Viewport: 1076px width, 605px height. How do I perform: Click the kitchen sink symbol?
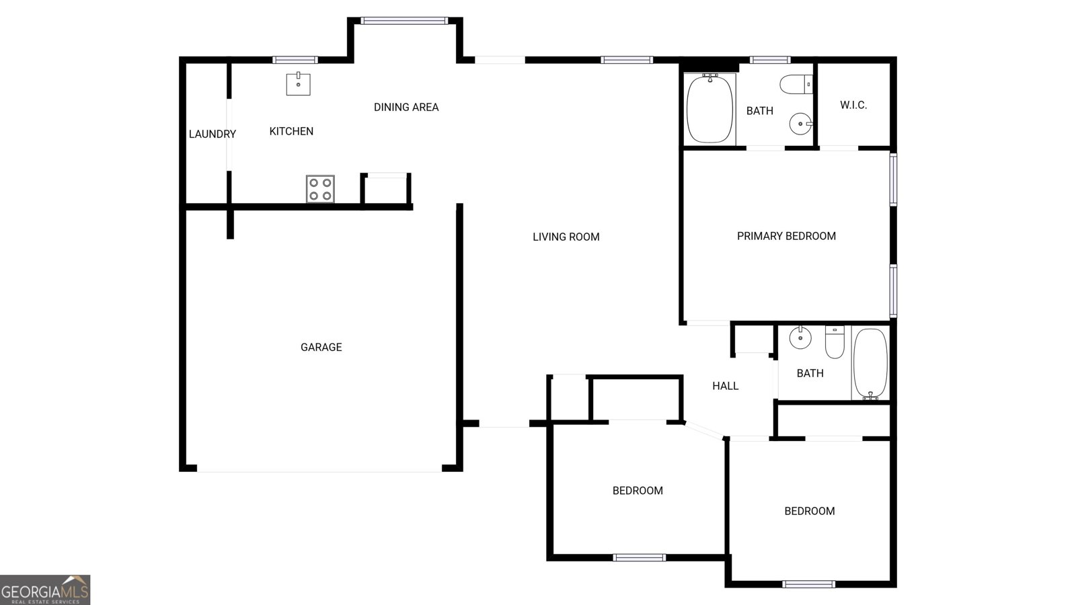298,84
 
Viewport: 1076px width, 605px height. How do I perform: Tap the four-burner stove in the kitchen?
320,189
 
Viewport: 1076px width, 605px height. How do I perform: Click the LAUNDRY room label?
212,134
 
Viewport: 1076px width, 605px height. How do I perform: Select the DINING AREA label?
406,107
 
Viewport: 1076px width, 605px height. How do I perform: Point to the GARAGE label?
321,347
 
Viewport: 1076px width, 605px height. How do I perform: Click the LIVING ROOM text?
566,237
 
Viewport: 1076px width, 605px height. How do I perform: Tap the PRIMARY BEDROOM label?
786,236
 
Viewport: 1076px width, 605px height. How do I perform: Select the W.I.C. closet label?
853,105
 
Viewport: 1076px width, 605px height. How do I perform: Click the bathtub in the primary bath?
709,109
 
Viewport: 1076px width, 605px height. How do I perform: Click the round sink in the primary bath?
800,124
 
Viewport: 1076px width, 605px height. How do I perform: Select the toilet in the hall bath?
835,341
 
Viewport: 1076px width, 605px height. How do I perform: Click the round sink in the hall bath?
800,337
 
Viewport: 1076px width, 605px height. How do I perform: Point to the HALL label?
725,386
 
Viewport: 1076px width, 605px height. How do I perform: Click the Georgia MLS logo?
45,590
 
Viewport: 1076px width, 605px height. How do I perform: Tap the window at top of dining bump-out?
404,21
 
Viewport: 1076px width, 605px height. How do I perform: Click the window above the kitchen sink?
295,60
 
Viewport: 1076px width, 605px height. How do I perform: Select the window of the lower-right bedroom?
809,584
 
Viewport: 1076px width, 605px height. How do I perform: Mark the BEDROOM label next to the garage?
638,491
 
